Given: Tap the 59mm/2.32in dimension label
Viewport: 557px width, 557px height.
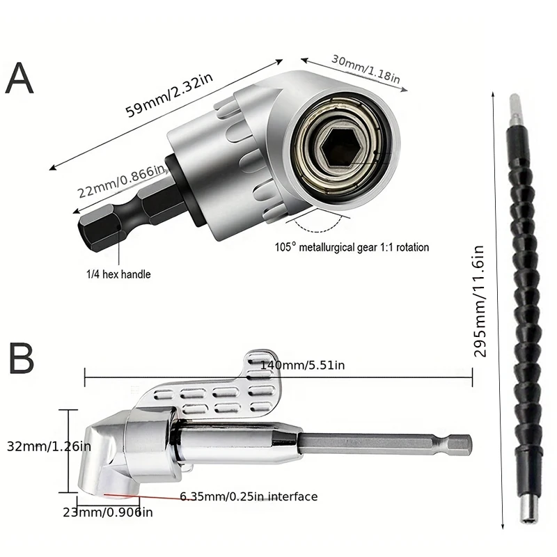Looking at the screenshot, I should [x=164, y=93].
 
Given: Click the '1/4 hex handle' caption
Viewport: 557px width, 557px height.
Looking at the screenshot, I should [x=118, y=274].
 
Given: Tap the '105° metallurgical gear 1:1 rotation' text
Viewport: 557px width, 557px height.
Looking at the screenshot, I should [x=352, y=247].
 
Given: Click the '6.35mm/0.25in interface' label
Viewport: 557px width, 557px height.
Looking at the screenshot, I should [x=249, y=496].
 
